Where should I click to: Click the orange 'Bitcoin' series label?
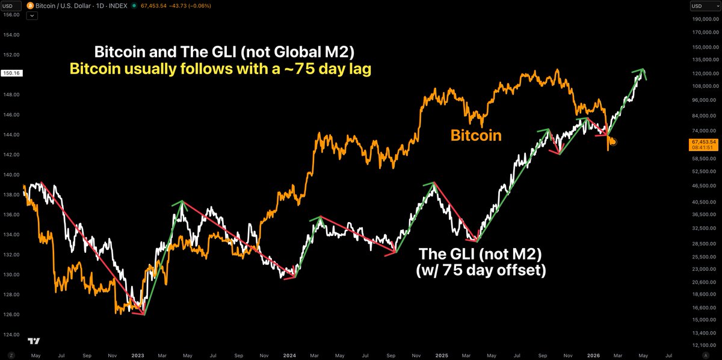click(476, 135)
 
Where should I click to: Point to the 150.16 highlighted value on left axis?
click(12, 73)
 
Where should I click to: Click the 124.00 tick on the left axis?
click(12, 335)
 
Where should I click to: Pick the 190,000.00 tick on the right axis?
click(702, 19)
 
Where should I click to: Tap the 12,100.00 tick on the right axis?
click(702, 344)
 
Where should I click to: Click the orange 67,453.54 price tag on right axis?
click(703, 142)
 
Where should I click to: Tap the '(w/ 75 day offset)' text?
click(480, 271)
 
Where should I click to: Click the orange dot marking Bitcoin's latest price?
click(612, 141)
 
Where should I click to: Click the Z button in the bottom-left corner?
click(11, 356)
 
